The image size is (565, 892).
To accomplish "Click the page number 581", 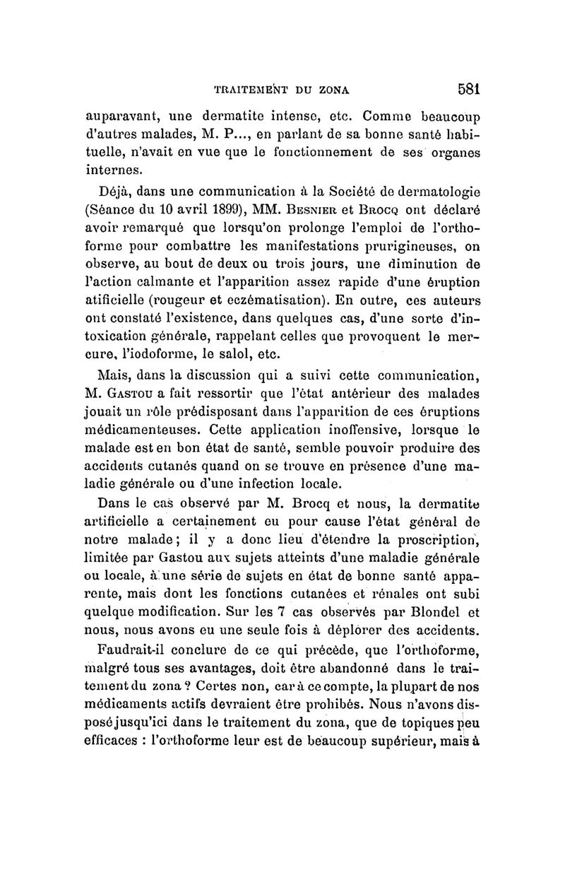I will [468, 90].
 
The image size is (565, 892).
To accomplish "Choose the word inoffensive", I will [353, 430].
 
